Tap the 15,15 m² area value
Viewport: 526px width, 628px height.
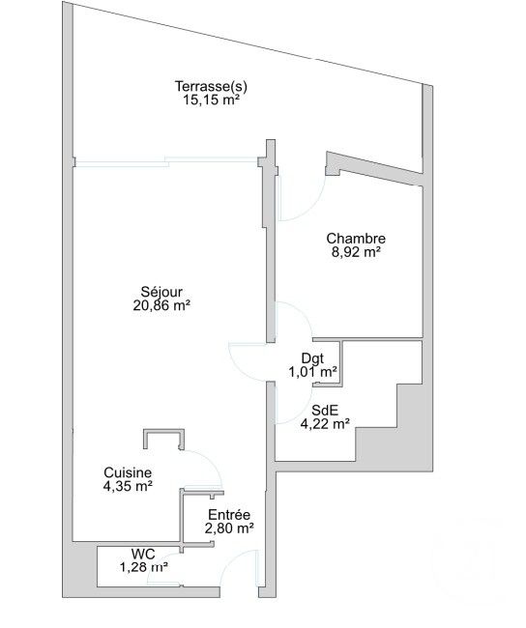(210, 99)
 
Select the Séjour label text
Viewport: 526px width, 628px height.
(161, 291)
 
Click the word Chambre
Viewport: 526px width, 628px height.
(356, 239)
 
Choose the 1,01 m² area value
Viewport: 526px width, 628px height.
(312, 371)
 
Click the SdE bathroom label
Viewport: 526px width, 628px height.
(324, 409)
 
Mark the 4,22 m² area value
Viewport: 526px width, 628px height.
(325, 422)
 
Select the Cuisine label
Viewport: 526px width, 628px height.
(128, 472)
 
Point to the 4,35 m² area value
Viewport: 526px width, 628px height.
(128, 486)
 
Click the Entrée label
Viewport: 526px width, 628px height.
(229, 515)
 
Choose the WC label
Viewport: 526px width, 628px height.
(143, 554)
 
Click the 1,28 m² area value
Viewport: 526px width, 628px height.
(143, 567)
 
